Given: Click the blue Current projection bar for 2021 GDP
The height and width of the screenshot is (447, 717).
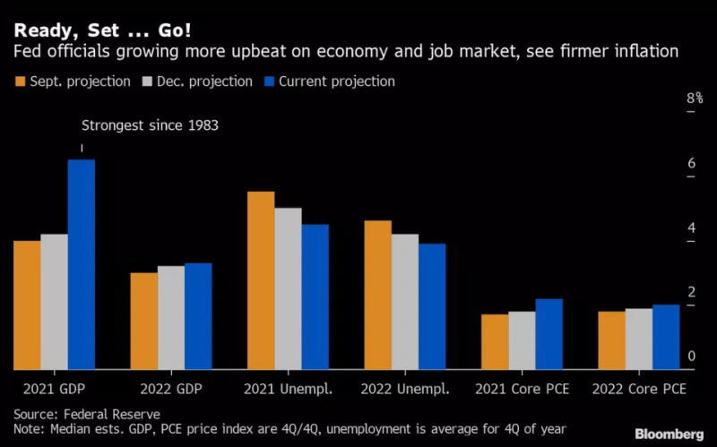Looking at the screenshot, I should pyautogui.click(x=82, y=264).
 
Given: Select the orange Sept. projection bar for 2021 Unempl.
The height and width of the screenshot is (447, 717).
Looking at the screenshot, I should pyautogui.click(x=261, y=280).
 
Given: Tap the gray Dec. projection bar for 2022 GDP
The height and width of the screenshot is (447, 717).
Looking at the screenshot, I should pyautogui.click(x=171, y=317).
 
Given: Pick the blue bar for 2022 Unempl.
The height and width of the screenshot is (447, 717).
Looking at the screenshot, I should pyautogui.click(x=432, y=306).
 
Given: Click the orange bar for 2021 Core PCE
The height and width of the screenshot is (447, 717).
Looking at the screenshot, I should pyautogui.click(x=495, y=341).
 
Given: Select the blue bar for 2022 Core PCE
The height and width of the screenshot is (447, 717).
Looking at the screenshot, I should pyautogui.click(x=666, y=337).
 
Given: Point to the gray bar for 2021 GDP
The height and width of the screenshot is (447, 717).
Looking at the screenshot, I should pyautogui.click(x=54, y=301).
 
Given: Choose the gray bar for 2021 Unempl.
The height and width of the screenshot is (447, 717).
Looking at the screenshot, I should pyautogui.click(x=288, y=288).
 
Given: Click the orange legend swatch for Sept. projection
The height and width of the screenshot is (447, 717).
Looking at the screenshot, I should pyautogui.click(x=20, y=82).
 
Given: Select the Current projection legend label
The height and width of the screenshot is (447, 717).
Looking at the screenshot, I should pyautogui.click(x=336, y=82).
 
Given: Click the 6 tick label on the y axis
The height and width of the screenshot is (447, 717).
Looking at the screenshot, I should pyautogui.click(x=691, y=163).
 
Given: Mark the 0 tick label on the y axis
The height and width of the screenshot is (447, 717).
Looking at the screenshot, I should pyautogui.click(x=691, y=357).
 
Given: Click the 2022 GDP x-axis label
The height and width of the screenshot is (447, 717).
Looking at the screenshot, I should pyautogui.click(x=171, y=390).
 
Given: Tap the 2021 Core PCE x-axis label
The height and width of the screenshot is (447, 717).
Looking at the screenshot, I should pyautogui.click(x=522, y=390).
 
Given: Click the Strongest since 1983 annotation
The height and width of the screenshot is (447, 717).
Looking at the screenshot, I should pyautogui.click(x=150, y=126).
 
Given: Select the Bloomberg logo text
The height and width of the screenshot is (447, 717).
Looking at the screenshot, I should pyautogui.click(x=669, y=434).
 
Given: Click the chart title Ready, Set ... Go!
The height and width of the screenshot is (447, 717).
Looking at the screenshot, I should pyautogui.click(x=102, y=29).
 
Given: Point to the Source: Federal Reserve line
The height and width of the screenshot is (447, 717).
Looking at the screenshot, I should pyautogui.click(x=87, y=414).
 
